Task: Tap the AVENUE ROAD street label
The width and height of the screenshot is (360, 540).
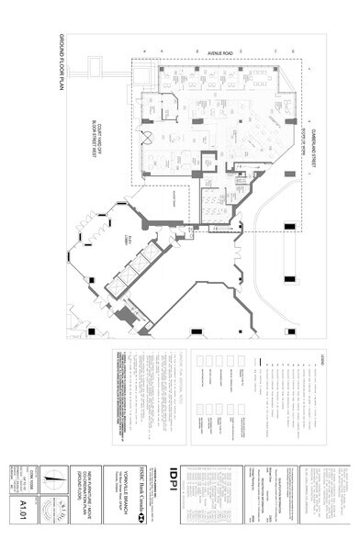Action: pos(220,52)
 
